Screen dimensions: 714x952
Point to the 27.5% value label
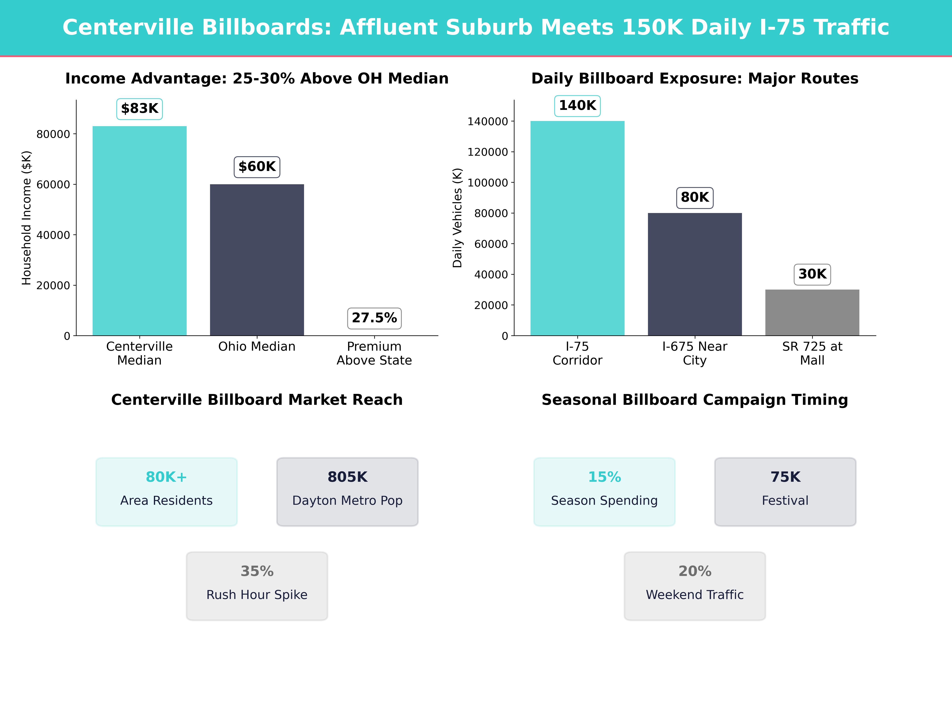(x=374, y=318)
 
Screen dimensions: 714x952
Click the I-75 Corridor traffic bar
(x=577, y=228)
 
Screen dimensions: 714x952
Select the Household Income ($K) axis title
(x=27, y=218)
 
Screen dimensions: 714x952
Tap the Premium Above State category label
(x=374, y=353)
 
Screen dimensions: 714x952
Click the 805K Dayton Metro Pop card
(x=347, y=491)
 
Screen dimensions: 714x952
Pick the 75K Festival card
(x=785, y=491)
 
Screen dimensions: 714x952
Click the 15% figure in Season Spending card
(x=604, y=477)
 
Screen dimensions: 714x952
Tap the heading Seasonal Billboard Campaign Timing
(x=695, y=400)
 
